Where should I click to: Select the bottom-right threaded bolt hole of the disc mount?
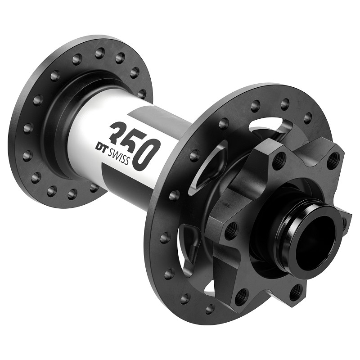295,292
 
